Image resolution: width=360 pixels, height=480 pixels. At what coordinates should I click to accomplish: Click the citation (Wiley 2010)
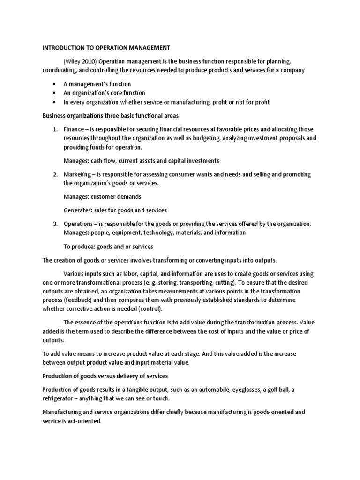pyautogui.click(x=80, y=61)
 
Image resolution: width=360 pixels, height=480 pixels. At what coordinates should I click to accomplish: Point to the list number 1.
pyautogui.click(x=55, y=129)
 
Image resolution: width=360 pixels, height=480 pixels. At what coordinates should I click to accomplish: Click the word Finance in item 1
pyautogui.click(x=73, y=129)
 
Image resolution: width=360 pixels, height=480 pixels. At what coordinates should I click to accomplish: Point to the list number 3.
pyautogui.click(x=55, y=224)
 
